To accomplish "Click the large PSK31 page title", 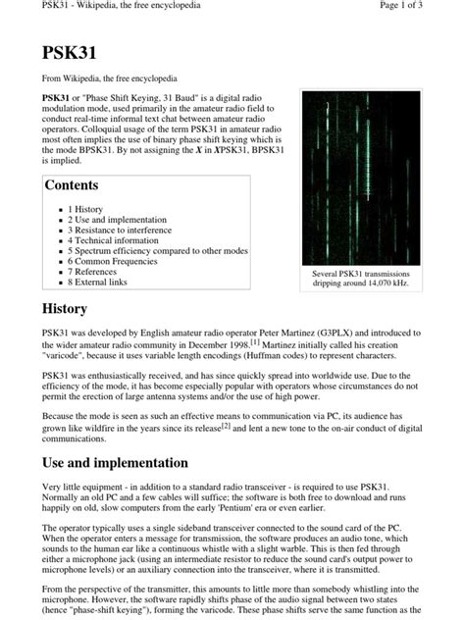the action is [71, 53].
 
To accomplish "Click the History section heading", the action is [66, 309].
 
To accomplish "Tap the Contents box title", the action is [73, 185].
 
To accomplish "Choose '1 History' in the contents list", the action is [85, 209].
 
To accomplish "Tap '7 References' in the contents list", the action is [94, 272].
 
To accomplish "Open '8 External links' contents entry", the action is [97, 283].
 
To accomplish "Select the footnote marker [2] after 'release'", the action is [225, 427].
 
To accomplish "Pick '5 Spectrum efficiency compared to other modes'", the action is [157, 250].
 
